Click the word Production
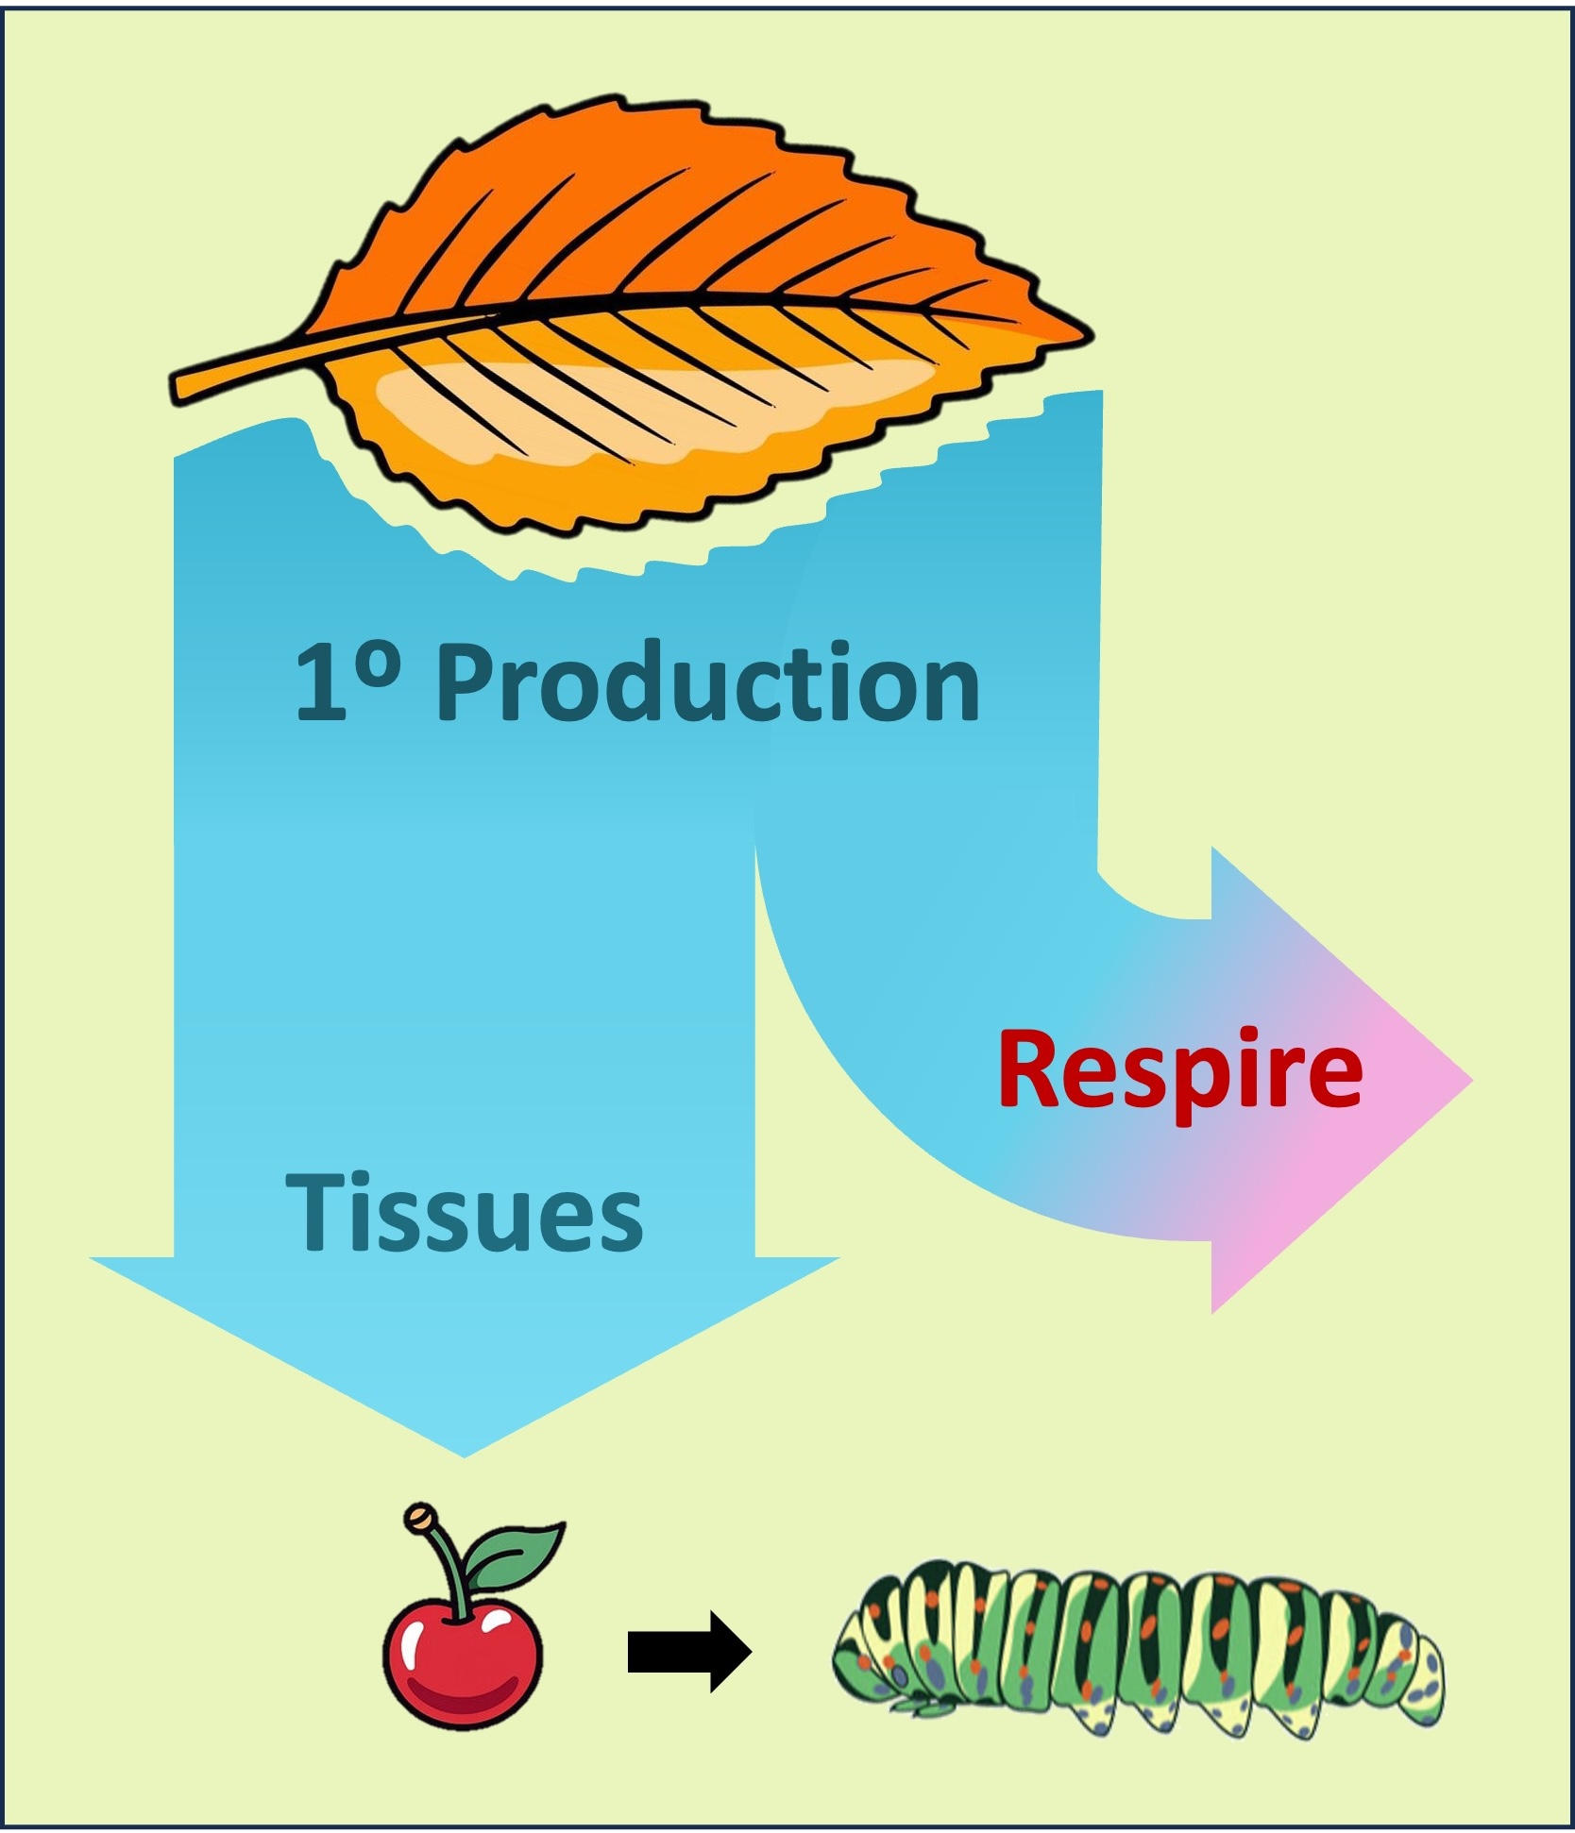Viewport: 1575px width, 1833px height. [708, 682]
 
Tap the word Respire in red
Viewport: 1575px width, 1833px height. [1180, 1071]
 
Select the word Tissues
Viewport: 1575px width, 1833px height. [464, 1213]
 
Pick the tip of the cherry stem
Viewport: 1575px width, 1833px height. [416, 1518]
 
